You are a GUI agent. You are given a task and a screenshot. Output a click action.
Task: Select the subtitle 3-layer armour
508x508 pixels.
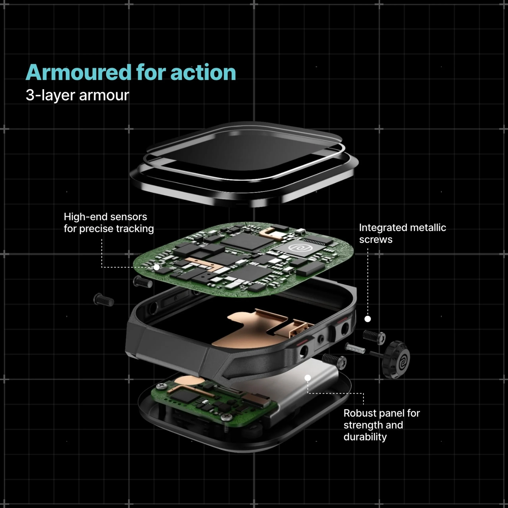77,95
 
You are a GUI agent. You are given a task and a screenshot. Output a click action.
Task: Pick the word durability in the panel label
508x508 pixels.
365,437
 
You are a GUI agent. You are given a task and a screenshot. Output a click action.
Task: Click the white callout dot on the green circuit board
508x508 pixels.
156,267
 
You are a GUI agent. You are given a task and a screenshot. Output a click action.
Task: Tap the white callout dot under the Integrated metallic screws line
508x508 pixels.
368,319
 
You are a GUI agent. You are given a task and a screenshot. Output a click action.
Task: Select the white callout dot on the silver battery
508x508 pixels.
308,378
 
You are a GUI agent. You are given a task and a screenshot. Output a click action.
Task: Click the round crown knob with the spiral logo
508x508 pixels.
396,359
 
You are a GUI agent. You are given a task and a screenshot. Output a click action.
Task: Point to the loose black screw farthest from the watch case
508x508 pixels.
104,299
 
